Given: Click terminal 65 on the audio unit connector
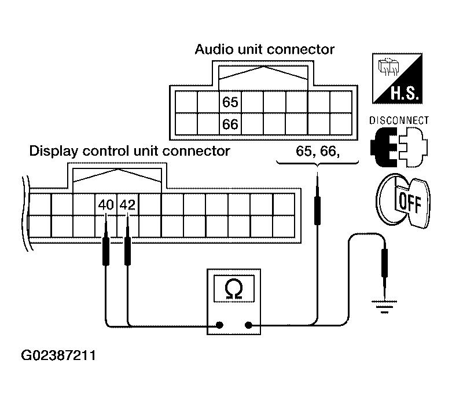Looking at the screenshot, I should coord(230,102).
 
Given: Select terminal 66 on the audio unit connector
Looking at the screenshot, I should coord(230,124).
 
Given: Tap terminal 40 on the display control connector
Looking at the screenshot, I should coord(105,204).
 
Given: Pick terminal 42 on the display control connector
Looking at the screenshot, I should coord(127,204).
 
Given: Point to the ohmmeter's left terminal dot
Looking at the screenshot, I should coord(220,325).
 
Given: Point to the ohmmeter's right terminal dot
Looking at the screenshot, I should coord(248,325).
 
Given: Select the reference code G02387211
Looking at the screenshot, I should coord(58,354).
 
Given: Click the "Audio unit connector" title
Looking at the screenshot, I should coord(264,49).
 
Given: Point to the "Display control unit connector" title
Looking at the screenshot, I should coord(130,151).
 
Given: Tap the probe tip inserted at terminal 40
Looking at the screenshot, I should coord(106,223).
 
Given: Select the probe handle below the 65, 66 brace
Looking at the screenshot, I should coord(317,210).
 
